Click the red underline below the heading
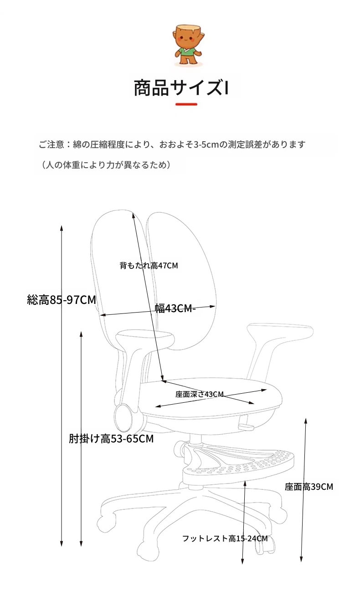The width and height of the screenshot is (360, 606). [186, 104]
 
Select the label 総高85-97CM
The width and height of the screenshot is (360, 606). [62, 300]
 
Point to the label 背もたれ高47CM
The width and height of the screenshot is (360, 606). [149, 265]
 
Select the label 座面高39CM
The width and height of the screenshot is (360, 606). [309, 487]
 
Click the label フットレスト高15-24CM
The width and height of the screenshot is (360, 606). [225, 539]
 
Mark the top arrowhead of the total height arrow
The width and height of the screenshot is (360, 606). [62, 228]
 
